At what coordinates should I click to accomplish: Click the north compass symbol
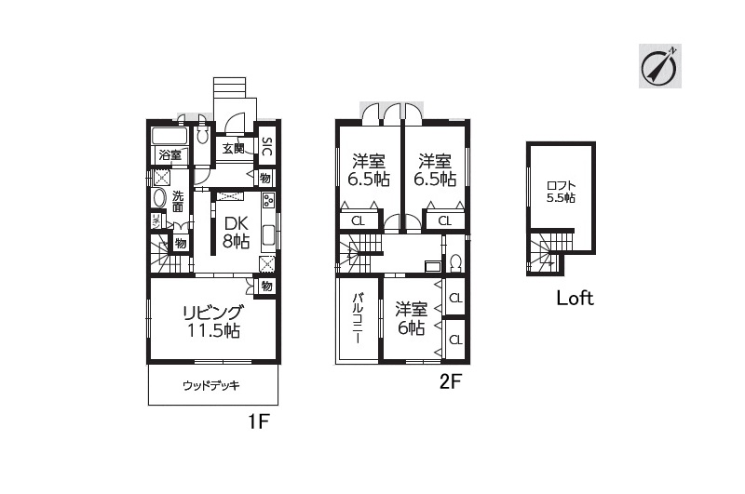click(659, 66)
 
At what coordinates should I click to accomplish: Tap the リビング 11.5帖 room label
click(213, 321)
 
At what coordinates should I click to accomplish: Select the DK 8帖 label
click(237, 233)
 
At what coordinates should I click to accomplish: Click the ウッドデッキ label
click(211, 385)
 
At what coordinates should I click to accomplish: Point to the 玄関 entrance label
click(234, 148)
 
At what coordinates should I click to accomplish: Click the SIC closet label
click(266, 147)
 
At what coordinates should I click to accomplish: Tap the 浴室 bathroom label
click(169, 154)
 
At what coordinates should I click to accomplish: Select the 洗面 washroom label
click(178, 201)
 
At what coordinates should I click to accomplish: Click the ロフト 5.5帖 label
click(561, 192)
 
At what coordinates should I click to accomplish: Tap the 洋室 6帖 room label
click(411, 318)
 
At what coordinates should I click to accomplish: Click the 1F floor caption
click(259, 421)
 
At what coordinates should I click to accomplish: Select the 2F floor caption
click(451, 381)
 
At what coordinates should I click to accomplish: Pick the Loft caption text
click(575, 298)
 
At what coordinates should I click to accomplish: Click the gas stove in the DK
click(268, 201)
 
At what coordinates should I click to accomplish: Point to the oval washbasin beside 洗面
click(158, 197)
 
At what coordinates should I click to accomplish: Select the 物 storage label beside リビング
click(266, 287)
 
